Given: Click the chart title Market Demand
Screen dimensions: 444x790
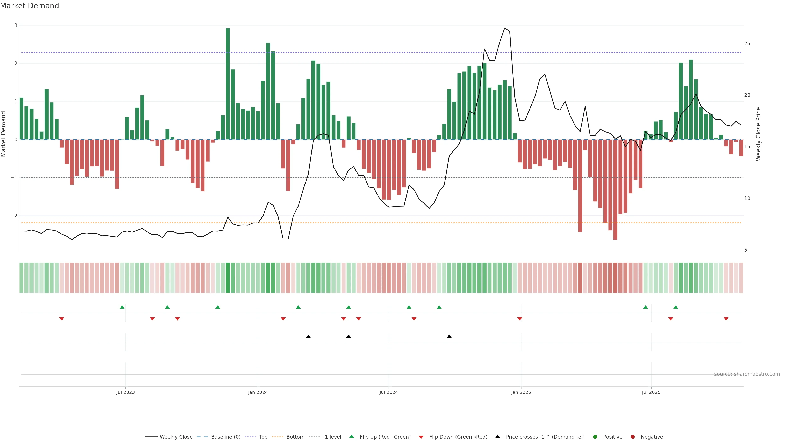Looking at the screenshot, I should tap(29, 6).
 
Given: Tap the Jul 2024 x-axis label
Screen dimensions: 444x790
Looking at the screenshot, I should tap(389, 392).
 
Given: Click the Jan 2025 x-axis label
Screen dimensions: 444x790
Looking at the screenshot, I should tap(521, 392).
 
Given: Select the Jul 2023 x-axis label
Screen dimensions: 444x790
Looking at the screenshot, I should tap(125, 392).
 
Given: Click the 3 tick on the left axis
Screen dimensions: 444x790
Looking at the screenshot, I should tap(16, 25).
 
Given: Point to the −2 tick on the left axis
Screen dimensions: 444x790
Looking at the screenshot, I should tap(14, 216).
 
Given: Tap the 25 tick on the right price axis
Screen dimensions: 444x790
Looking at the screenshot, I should tap(747, 44).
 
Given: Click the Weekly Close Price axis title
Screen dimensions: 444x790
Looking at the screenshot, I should tap(758, 134).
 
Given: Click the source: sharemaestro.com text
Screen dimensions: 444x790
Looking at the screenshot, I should tap(747, 374).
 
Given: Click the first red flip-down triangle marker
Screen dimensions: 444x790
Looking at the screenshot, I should tap(62, 319).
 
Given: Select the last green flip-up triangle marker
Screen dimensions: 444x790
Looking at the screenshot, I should tap(676, 307).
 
